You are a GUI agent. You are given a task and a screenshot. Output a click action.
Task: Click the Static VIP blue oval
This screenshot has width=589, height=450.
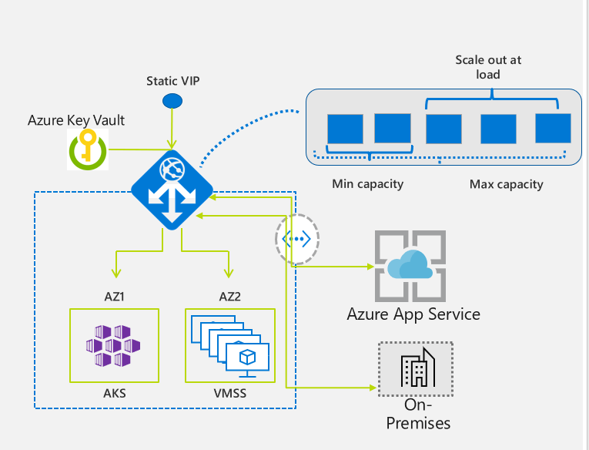(x=172, y=101)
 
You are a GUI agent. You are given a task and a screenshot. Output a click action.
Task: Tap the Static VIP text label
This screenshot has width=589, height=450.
(x=172, y=80)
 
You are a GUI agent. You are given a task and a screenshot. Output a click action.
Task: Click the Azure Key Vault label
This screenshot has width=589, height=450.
(x=76, y=120)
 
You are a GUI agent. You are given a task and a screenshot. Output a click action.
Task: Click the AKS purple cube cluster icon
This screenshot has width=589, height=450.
(x=114, y=345)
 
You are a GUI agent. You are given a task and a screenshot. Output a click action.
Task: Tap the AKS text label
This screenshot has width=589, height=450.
(x=115, y=393)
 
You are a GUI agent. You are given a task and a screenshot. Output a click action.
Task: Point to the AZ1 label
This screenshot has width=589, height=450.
(x=114, y=296)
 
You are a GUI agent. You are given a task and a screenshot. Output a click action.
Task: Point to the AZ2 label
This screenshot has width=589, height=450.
(x=229, y=296)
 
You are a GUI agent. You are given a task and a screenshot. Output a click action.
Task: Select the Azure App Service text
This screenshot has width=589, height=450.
(x=413, y=314)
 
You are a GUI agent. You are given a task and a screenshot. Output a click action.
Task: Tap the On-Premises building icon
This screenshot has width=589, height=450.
(x=417, y=368)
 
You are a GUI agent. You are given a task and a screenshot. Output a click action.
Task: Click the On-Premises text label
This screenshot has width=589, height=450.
(x=417, y=414)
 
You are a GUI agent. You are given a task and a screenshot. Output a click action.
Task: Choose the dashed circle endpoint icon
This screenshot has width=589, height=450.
(x=297, y=239)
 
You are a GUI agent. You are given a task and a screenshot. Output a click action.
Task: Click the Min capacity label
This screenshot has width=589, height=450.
(x=367, y=184)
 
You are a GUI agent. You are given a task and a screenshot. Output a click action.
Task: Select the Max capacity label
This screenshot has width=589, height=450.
(x=506, y=184)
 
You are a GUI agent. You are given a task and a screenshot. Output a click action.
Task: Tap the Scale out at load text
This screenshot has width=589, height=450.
(x=488, y=67)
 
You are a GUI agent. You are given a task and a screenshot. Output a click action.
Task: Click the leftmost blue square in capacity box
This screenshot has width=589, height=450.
(x=344, y=129)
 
